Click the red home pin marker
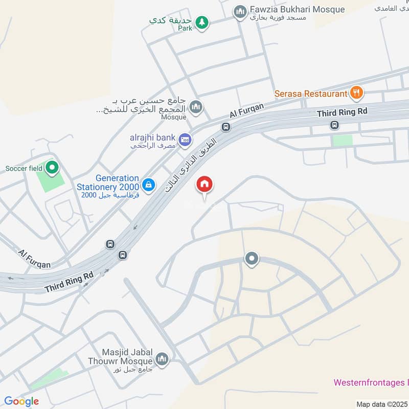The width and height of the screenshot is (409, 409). click(x=204, y=185)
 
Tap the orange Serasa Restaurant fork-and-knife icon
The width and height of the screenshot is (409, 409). click(x=356, y=93)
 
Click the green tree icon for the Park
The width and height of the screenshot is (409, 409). click(x=203, y=21)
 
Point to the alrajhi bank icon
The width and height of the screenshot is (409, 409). click(x=185, y=139)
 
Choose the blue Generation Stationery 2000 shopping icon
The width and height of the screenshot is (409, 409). click(x=148, y=185)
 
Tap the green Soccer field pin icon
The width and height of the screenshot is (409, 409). click(x=51, y=167)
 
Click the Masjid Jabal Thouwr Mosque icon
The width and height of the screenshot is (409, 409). click(x=162, y=359)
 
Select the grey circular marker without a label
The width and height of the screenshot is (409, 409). click(x=252, y=259)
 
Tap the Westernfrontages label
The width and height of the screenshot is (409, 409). click(x=371, y=382)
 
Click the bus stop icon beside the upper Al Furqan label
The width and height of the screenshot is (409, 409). click(x=225, y=126)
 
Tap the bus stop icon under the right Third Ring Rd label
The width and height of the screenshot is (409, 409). click(x=334, y=124)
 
